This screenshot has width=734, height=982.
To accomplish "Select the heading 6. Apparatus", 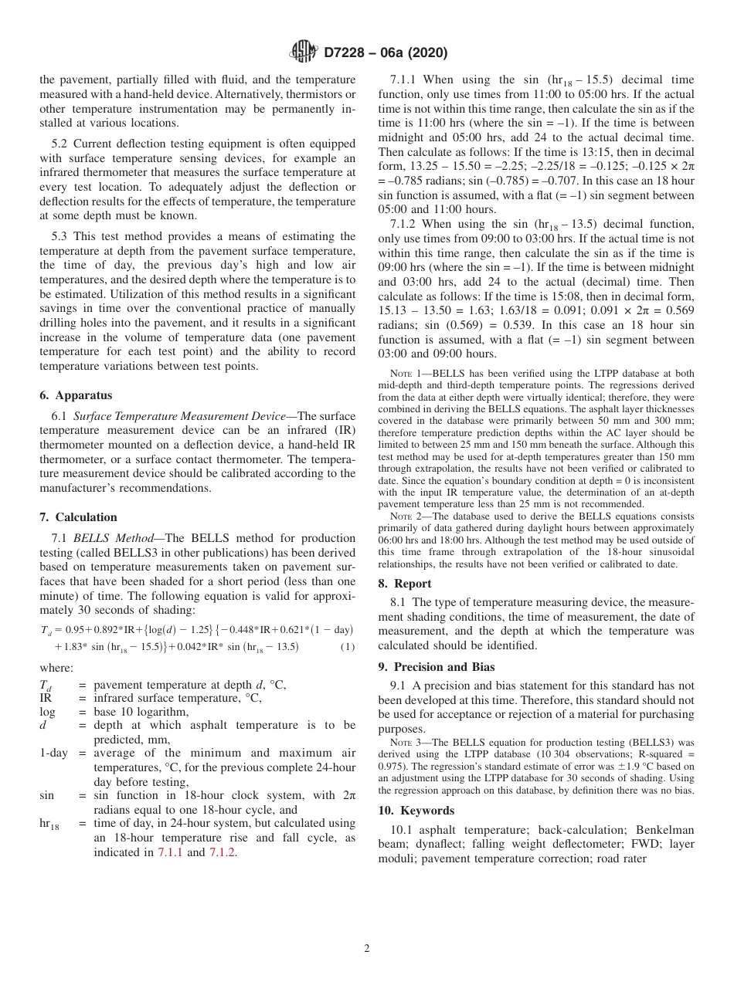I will coord(75,395).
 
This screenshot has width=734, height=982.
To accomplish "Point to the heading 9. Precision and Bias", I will coord(437,667).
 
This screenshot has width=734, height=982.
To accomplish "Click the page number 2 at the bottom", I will coord(367,949).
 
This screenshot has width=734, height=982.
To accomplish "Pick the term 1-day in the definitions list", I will coord(53,753).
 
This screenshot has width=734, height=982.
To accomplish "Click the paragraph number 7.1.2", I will coord(405,224).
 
